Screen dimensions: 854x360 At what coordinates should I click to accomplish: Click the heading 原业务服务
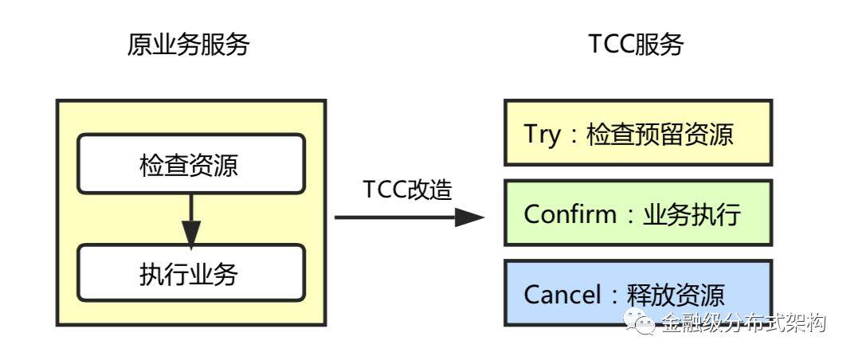(x=188, y=45)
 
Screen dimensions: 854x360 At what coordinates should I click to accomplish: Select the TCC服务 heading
(x=636, y=45)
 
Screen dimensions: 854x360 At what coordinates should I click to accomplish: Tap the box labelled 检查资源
(x=190, y=164)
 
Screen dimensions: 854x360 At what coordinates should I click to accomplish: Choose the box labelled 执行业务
(x=190, y=273)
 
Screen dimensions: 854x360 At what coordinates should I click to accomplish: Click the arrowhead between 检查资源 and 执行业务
(x=190, y=233)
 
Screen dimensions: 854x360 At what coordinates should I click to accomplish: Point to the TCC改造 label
(x=408, y=190)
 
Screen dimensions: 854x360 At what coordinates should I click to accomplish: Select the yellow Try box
(x=638, y=132)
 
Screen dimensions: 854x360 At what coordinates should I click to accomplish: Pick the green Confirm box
(x=638, y=213)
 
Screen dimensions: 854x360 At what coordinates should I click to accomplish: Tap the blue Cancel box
(x=638, y=293)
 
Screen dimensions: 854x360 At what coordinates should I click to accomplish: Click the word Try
(x=542, y=134)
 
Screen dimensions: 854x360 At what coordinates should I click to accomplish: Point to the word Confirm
(x=570, y=214)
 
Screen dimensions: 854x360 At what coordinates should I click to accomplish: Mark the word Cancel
(x=562, y=295)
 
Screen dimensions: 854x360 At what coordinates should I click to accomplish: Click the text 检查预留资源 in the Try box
(x=660, y=134)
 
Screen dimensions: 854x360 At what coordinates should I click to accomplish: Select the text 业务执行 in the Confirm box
(x=691, y=214)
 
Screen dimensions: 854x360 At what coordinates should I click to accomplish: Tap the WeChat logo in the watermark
(x=640, y=320)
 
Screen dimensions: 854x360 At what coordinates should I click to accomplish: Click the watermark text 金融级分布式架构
(x=744, y=323)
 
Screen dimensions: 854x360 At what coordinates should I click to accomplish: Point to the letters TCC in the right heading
(x=612, y=45)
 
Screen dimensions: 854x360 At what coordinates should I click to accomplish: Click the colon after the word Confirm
(x=629, y=215)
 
